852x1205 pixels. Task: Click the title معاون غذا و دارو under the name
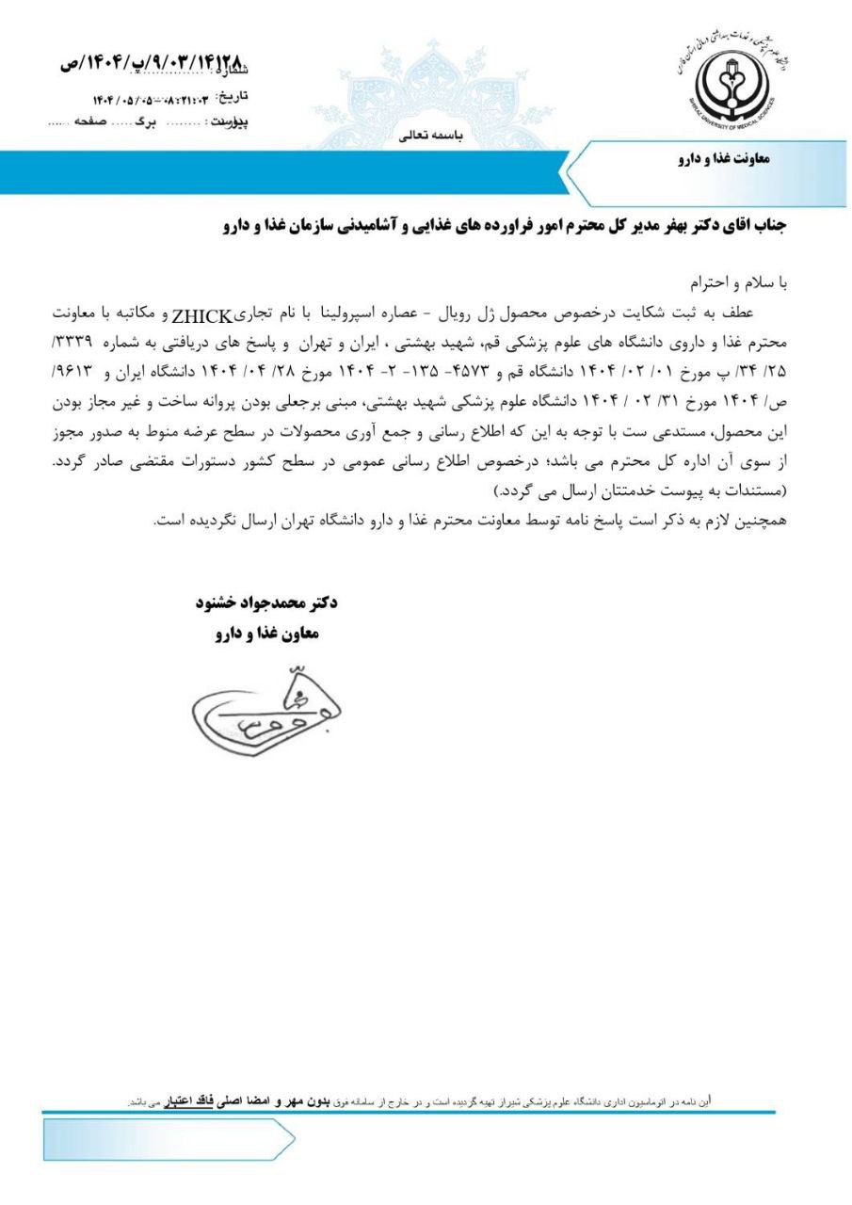tap(267, 634)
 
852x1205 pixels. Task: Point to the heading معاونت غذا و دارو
tap(722, 159)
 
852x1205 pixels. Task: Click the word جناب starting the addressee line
tap(764, 225)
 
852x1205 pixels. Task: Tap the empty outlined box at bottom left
tap(168, 1140)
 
